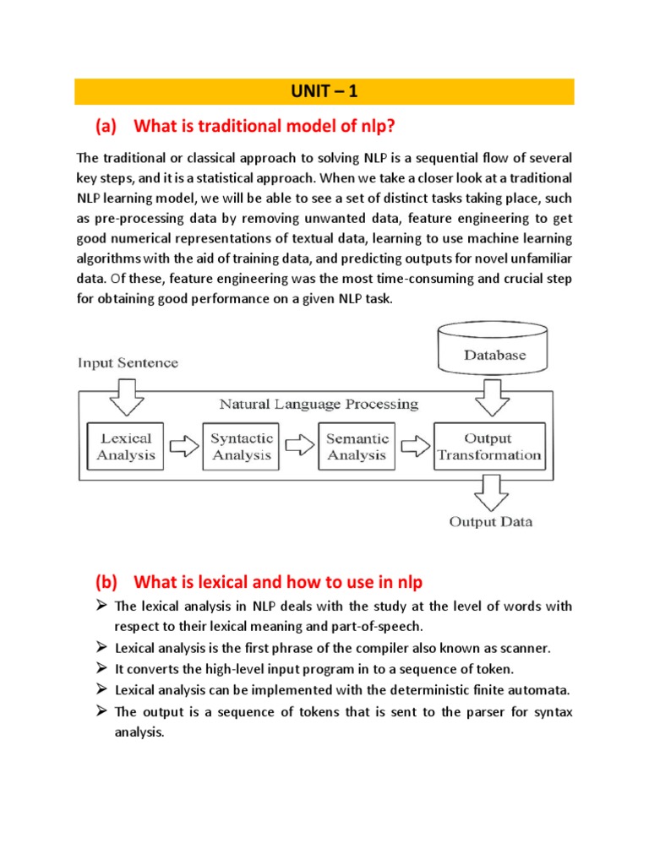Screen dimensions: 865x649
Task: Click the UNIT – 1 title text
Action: coord(324,91)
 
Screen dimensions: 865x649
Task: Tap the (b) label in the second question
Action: coord(107,582)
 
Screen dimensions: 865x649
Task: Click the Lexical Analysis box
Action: coord(126,446)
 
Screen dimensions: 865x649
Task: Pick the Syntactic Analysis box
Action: coord(241,446)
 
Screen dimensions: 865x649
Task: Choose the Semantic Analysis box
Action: coord(357,446)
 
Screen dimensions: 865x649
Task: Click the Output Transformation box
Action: coord(488,446)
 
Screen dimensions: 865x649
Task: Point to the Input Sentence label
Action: coord(128,363)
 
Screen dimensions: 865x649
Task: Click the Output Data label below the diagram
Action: coord(490,521)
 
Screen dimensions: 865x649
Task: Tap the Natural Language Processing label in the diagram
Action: coord(319,404)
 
